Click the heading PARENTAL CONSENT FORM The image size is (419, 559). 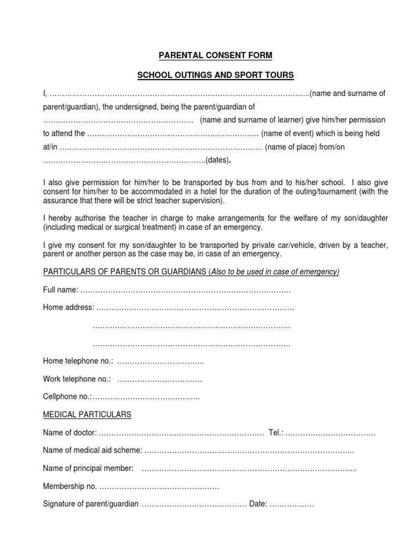[209, 55]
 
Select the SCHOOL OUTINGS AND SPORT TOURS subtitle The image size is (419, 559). [209, 74]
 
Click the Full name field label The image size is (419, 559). [60, 289]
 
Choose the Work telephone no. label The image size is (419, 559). [77, 379]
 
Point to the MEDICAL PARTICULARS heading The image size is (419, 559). [87, 415]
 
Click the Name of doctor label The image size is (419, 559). [70, 433]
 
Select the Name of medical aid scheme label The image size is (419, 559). [92, 450]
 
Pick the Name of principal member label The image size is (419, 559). [88, 468]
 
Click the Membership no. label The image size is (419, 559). [70, 486]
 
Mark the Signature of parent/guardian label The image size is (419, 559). [91, 504]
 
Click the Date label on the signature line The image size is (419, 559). [258, 504]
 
